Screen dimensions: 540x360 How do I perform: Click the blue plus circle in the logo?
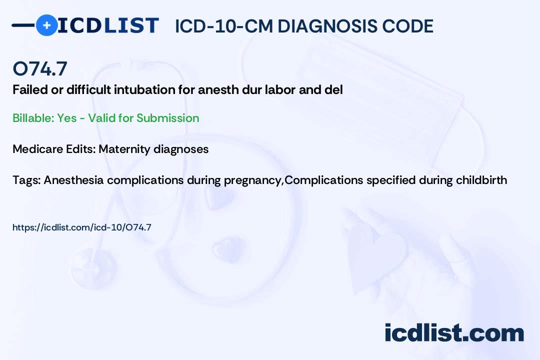[46, 25]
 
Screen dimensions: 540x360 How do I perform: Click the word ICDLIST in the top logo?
[108, 25]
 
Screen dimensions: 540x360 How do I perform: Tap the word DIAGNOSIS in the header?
[327, 26]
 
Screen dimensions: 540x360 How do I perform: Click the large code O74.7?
[40, 68]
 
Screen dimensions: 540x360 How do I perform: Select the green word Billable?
[33, 118]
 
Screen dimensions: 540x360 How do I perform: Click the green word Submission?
[167, 118]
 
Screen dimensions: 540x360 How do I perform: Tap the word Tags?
[26, 180]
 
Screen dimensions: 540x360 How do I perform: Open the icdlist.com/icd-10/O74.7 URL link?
[82, 227]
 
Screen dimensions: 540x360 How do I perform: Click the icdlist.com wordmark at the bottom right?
[454, 333]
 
